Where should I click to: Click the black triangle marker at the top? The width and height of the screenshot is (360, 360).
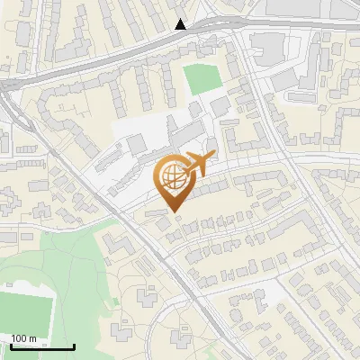tap(181, 24)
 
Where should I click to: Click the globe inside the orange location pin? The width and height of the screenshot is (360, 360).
tap(173, 178)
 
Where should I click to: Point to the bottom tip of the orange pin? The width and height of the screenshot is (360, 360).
tap(174, 212)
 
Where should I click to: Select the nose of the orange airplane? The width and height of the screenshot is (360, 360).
tap(214, 155)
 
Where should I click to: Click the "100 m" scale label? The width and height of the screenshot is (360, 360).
tap(23, 338)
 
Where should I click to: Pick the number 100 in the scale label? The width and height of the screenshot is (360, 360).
tap(20, 338)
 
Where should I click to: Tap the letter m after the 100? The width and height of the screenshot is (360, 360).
tap(32, 338)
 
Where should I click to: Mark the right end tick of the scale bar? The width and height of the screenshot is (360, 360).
tap(72, 345)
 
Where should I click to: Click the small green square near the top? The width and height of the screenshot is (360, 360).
tap(202, 79)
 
